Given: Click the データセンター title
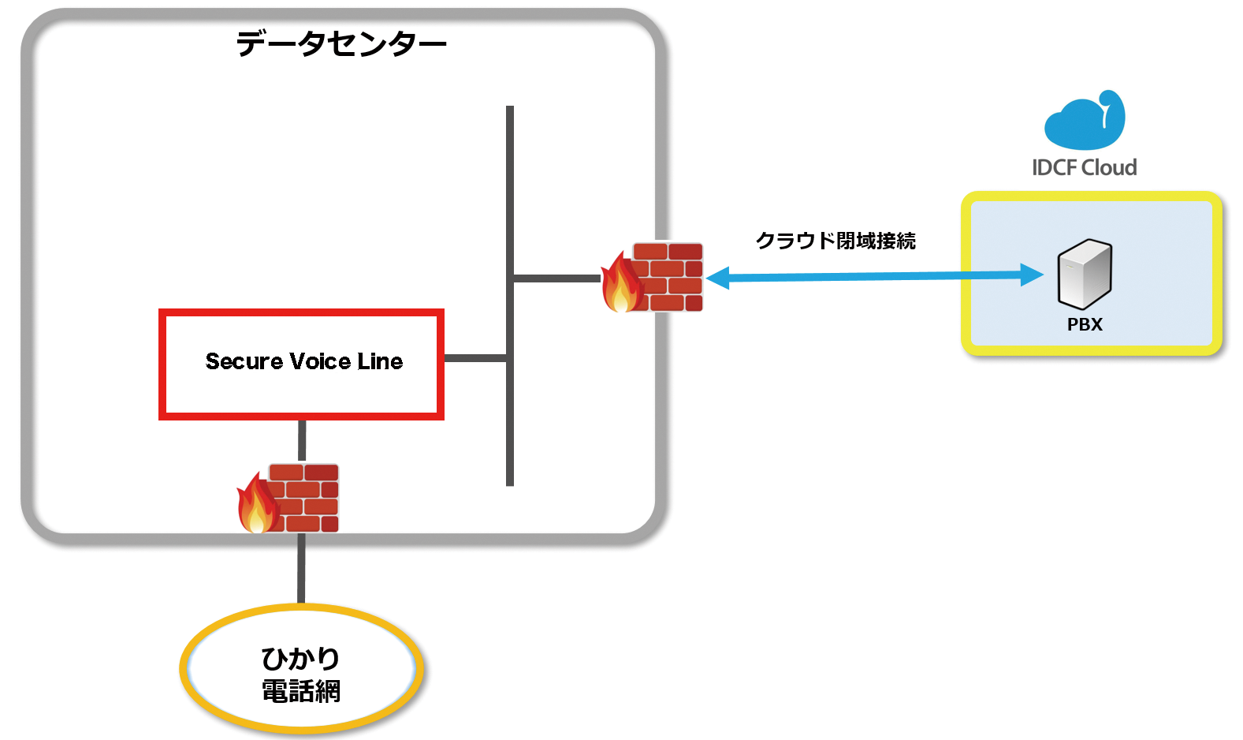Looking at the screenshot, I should [x=341, y=43].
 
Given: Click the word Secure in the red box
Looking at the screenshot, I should [x=244, y=361].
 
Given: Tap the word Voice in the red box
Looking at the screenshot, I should [x=320, y=361].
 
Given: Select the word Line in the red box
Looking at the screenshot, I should [x=380, y=361].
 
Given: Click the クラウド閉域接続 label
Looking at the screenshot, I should [x=835, y=241].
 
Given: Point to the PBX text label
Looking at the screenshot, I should [x=1085, y=324].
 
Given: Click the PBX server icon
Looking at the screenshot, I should [x=1085, y=274].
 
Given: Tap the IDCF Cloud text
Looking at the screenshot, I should [x=1085, y=167].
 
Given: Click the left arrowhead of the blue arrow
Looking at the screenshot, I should [x=717, y=278].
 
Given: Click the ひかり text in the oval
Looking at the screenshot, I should [x=300, y=658].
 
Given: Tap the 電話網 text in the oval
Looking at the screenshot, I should [x=300, y=692].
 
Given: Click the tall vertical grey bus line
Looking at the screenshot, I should [x=510, y=197].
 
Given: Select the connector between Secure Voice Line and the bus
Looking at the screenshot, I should [x=475, y=358].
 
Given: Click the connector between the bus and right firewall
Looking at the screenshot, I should [x=556, y=278].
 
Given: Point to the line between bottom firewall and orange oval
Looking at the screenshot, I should [x=301, y=568].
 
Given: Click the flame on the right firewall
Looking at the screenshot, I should [x=621, y=286].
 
